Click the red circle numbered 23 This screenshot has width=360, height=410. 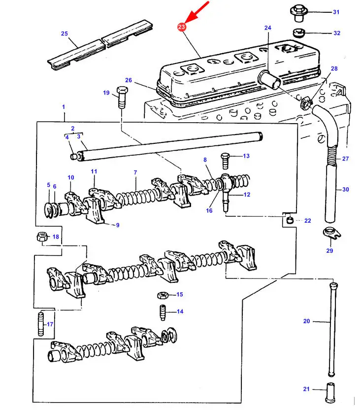(x=181, y=27)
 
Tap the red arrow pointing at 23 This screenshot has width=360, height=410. (x=197, y=12)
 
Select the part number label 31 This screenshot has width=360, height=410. (x=336, y=12)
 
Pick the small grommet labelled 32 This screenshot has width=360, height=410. (x=298, y=33)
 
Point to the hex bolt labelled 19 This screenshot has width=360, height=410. (x=122, y=98)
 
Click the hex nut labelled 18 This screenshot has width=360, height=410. (x=42, y=237)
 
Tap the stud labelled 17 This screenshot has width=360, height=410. (x=41, y=324)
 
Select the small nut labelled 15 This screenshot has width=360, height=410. (x=163, y=296)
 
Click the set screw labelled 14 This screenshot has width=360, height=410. (x=163, y=312)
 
